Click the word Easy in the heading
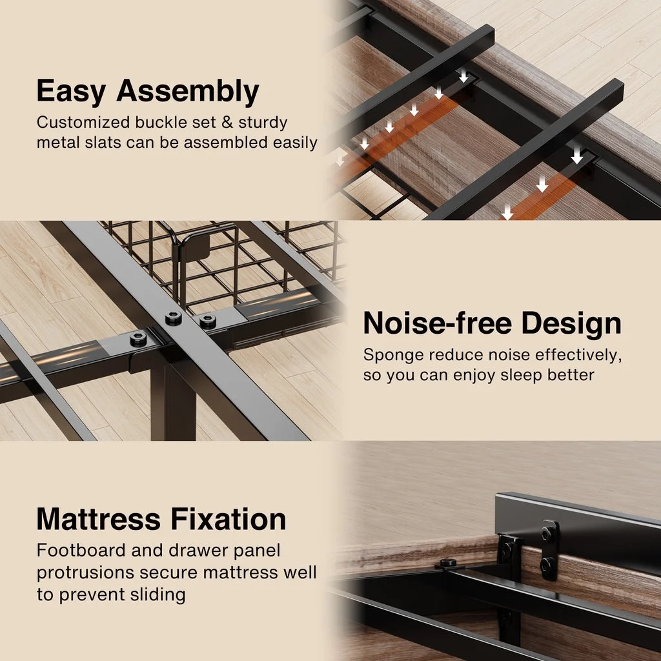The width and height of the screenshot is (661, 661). point(71,92)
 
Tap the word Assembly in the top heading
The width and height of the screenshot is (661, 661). point(188,92)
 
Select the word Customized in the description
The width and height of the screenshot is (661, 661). point(83,122)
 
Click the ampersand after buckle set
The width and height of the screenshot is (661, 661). point(227,122)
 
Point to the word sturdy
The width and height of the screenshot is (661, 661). point(263,123)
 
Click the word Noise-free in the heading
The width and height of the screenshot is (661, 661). point(438,323)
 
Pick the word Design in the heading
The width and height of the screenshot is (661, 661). point(571,324)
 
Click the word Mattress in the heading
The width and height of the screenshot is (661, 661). point(99,519)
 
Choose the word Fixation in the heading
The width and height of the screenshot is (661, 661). point(229,519)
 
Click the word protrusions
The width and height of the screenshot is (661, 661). point(85,573)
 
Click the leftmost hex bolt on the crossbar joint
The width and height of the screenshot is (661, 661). point(138,338)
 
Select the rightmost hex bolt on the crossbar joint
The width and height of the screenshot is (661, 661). point(207,322)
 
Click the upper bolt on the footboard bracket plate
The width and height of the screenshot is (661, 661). point(548,534)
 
